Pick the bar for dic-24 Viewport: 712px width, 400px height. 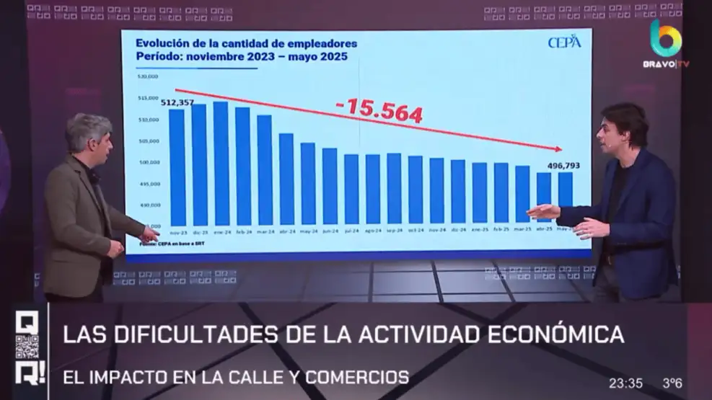[458, 192]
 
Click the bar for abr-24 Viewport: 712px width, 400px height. [286, 179]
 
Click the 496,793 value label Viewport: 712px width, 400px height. [563, 166]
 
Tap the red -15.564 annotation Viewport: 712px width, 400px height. [379, 107]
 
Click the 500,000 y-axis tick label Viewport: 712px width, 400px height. [149, 162]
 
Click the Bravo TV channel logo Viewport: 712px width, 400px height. [664, 43]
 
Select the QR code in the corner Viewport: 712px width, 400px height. [27, 347]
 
